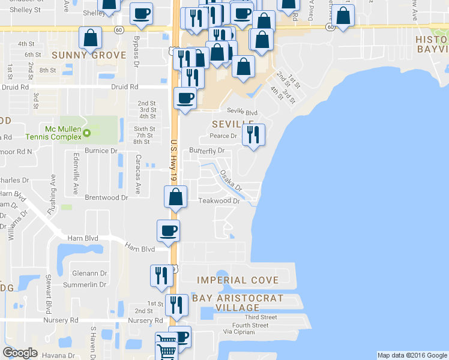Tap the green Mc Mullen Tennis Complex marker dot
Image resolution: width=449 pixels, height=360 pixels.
click(x=87, y=133)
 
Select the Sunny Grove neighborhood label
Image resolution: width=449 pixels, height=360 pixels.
click(x=89, y=55)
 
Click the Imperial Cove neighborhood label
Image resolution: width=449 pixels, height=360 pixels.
click(x=238, y=280)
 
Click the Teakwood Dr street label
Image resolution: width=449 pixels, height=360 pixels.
click(x=219, y=201)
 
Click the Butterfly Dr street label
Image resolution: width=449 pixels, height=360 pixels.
click(x=206, y=151)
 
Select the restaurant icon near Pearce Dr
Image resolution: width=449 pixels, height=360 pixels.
click(x=253, y=135)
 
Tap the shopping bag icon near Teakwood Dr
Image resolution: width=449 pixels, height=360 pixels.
click(x=175, y=196)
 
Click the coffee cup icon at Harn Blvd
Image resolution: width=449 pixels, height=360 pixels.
click(x=169, y=230)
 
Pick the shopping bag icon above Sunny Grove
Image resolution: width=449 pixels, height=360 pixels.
click(x=90, y=38)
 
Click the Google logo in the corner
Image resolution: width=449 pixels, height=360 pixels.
click(x=20, y=353)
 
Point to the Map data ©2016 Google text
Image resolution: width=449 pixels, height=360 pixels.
click(x=412, y=355)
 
